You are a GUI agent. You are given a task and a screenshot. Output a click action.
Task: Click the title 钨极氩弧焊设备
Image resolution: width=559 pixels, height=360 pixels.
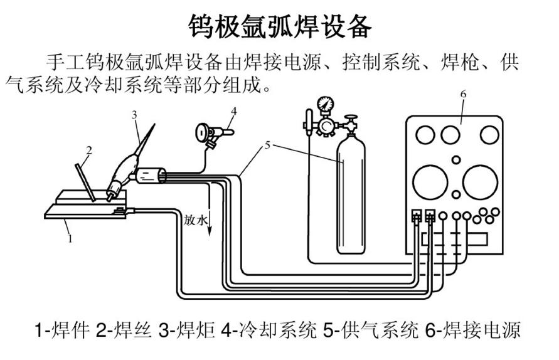click(280, 27)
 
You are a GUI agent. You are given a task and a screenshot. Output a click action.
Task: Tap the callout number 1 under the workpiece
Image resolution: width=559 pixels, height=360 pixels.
click(70, 238)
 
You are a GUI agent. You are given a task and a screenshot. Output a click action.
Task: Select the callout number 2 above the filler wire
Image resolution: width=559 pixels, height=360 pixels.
click(90, 150)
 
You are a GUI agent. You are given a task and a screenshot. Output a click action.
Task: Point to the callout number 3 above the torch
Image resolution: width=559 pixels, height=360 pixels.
click(134, 114)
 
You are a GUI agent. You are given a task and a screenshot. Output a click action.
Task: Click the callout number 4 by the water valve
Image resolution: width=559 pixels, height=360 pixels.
click(233, 111)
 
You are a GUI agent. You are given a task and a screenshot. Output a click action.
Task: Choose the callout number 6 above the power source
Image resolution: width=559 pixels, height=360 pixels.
click(463, 94)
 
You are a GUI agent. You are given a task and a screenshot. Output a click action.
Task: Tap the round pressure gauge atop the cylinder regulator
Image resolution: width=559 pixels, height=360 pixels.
click(325, 103)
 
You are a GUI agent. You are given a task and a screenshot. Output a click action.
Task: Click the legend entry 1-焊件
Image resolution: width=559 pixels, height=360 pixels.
click(61, 331)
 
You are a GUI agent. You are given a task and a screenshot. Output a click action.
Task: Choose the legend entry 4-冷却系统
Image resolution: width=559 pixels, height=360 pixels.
click(269, 331)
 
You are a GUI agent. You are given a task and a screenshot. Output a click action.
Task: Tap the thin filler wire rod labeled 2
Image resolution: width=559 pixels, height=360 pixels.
click(85, 181)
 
